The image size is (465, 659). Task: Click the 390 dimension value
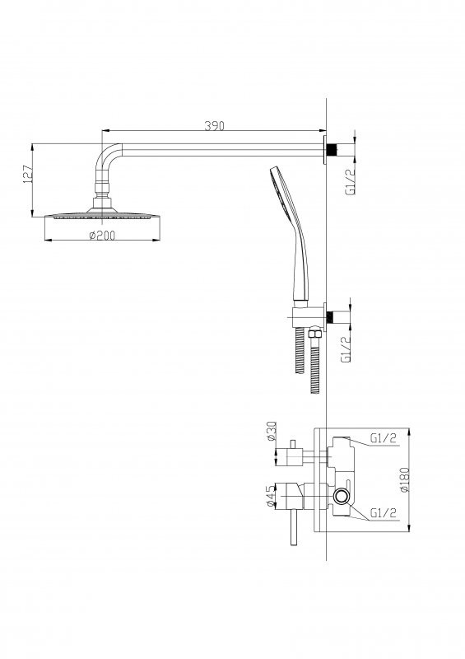[x=214, y=125]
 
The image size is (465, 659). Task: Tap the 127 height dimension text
[x=27, y=174]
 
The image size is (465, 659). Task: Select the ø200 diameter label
[x=102, y=236]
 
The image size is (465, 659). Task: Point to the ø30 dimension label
[x=271, y=431]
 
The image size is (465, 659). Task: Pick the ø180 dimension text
[x=404, y=479]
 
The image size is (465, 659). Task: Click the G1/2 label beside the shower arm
[x=351, y=181]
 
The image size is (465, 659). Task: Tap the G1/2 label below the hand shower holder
[x=346, y=348]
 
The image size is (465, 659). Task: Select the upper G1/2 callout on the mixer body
[x=383, y=438]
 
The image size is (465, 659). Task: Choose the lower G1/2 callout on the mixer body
[x=383, y=512]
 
